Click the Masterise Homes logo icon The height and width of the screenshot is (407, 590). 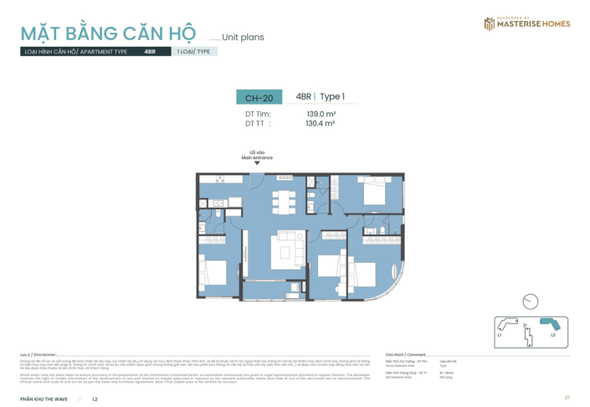point(490,23)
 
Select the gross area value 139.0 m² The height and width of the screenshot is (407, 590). point(321,114)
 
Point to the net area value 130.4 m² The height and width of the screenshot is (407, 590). point(321,123)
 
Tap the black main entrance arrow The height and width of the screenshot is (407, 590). point(257,162)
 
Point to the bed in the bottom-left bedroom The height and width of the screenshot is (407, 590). point(215,273)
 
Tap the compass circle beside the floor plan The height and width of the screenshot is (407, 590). point(529,301)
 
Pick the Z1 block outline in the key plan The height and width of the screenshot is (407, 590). point(526,332)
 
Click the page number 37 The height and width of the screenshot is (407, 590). point(567,397)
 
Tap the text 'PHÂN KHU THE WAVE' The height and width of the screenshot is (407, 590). point(44,398)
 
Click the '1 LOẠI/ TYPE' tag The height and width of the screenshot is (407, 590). point(193,51)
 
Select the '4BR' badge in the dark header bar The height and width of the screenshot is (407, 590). point(151,51)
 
